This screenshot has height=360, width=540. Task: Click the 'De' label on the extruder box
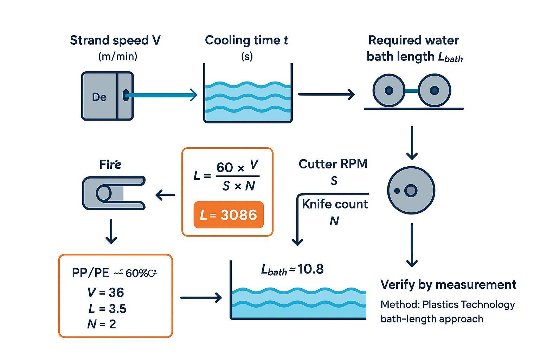[99, 97]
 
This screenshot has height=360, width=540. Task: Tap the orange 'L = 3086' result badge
[229, 215]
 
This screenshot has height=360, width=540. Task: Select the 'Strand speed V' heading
[115, 40]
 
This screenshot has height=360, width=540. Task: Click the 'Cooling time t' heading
[246, 40]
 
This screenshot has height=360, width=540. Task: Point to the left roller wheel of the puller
[388, 90]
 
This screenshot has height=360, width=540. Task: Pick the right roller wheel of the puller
[435, 90]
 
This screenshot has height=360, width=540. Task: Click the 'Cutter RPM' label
[333, 164]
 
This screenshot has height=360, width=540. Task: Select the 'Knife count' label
[335, 204]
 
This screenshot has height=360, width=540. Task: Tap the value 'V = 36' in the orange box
[105, 292]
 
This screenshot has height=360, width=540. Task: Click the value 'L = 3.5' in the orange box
[107, 309]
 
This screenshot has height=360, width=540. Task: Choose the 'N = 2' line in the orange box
[102, 324]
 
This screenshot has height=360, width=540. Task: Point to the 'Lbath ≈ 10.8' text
[292, 269]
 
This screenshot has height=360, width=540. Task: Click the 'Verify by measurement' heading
[448, 284]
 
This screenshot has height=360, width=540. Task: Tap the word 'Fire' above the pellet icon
[110, 164]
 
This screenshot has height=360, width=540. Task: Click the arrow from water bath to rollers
[326, 94]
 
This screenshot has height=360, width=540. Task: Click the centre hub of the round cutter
[411, 191]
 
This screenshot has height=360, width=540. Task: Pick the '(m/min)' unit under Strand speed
[118, 56]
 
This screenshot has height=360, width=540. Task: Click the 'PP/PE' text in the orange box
[90, 273]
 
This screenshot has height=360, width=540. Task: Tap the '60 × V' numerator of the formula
[237, 167]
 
